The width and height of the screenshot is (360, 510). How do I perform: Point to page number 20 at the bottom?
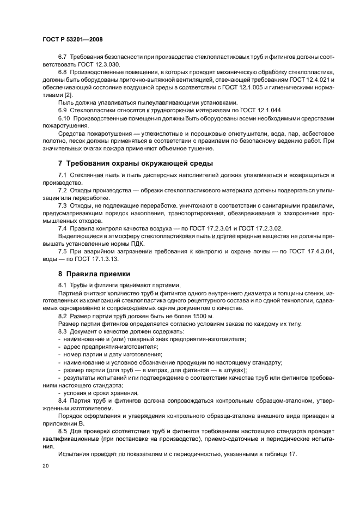coord(45,466)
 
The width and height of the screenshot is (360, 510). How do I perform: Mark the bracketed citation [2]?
coord(64,95)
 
